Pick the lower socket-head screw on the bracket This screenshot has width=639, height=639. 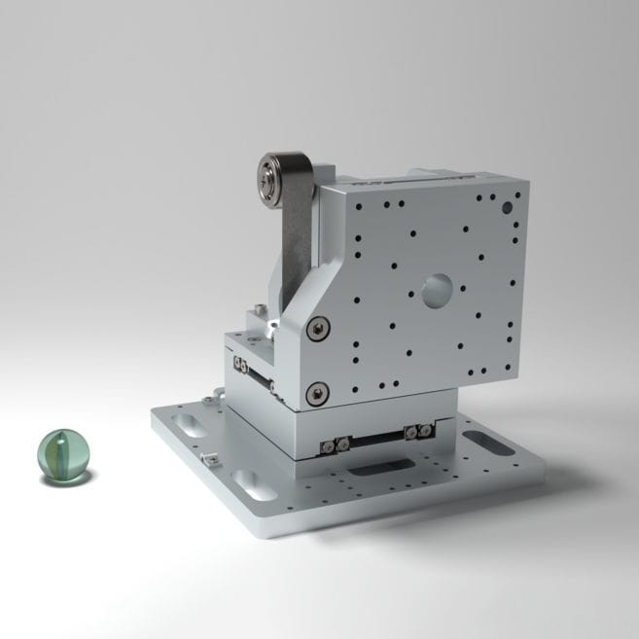[x=315, y=394]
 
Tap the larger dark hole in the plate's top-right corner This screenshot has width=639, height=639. [x=505, y=208]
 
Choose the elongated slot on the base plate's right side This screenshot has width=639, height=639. [x=492, y=443]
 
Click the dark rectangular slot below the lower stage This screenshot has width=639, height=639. [x=374, y=470]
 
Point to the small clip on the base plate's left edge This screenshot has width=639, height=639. [x=207, y=457]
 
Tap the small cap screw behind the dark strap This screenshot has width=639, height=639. [x=257, y=313]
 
